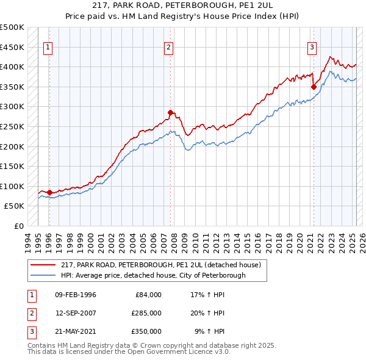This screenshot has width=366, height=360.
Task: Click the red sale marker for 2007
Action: [x=171, y=112]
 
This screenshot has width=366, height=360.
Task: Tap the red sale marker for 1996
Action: [x=49, y=192]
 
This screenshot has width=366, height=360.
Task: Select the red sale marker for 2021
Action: [x=314, y=87]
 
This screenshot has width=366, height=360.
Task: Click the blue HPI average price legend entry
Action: [x=152, y=275]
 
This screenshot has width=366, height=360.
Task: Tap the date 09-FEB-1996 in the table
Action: [x=76, y=295]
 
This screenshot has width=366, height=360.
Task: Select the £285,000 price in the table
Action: [x=146, y=313]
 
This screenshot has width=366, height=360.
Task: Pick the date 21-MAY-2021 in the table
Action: [x=76, y=331]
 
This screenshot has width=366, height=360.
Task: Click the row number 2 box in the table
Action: [x=30, y=313]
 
